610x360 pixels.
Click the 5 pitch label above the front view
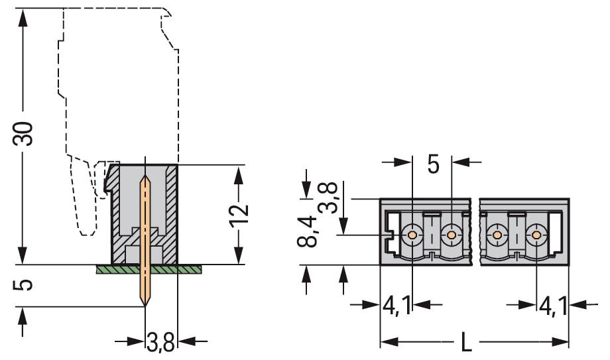pyautogui.click(x=432, y=162)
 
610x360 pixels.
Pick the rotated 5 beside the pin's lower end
pyautogui.click(x=24, y=284)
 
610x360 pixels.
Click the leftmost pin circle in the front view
pyautogui.click(x=412, y=235)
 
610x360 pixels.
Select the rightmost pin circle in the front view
pyautogui.click(x=536, y=235)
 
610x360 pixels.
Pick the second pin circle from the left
pyautogui.click(x=452, y=235)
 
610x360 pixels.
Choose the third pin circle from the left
pyautogui.click(x=495, y=235)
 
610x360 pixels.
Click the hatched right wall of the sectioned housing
pyautogui.click(x=172, y=212)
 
